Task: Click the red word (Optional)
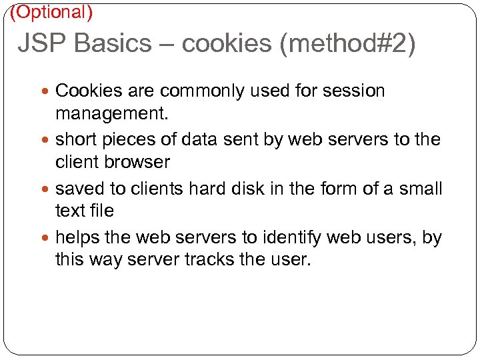pos(51,11)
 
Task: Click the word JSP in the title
pos(41,43)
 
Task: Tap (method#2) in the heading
pos(347,43)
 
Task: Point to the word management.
pos(112,113)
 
